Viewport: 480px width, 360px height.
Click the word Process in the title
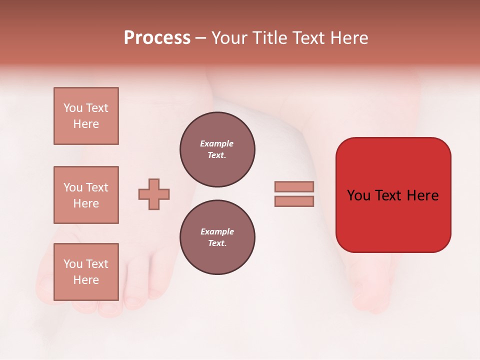pos(157,38)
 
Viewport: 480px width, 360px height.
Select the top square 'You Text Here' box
pos(86,116)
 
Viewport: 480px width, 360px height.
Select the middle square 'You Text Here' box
pos(86,195)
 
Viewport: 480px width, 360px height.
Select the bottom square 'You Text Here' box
pos(86,272)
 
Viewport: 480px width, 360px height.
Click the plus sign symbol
pos(154,194)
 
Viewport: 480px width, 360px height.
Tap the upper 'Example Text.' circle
pos(217,149)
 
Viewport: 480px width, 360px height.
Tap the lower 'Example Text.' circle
pos(217,237)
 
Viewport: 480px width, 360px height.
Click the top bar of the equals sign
pos(294,186)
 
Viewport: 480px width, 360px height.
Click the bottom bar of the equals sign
pos(294,201)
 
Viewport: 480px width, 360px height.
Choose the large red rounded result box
pos(393,194)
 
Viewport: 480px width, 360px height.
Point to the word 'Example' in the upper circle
pos(216,143)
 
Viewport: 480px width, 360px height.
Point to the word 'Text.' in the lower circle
pos(217,243)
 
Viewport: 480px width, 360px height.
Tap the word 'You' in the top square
pos(72,108)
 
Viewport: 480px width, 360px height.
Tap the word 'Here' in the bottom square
pos(86,280)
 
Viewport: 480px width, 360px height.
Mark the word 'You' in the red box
pos(359,195)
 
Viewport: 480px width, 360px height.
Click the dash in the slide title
pos(200,38)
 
